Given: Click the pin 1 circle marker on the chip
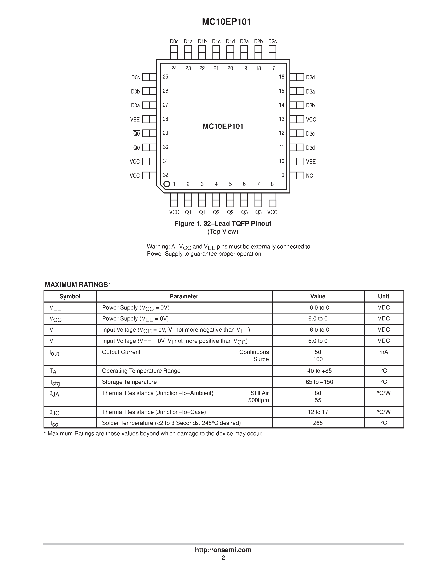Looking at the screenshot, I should [167, 184].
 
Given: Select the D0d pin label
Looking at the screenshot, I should [174, 42].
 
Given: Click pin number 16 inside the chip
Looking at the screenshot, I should [281, 77].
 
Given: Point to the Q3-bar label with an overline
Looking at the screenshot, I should [244, 212].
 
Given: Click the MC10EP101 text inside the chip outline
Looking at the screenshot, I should [223, 127].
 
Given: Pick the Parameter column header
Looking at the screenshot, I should [184, 296].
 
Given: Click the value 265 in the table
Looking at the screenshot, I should [318, 423].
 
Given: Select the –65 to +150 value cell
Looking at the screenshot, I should [318, 382].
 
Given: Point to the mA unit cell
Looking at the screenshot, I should [383, 352].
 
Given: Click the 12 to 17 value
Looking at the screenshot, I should [318, 412].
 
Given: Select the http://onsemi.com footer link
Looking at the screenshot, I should [223, 550].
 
